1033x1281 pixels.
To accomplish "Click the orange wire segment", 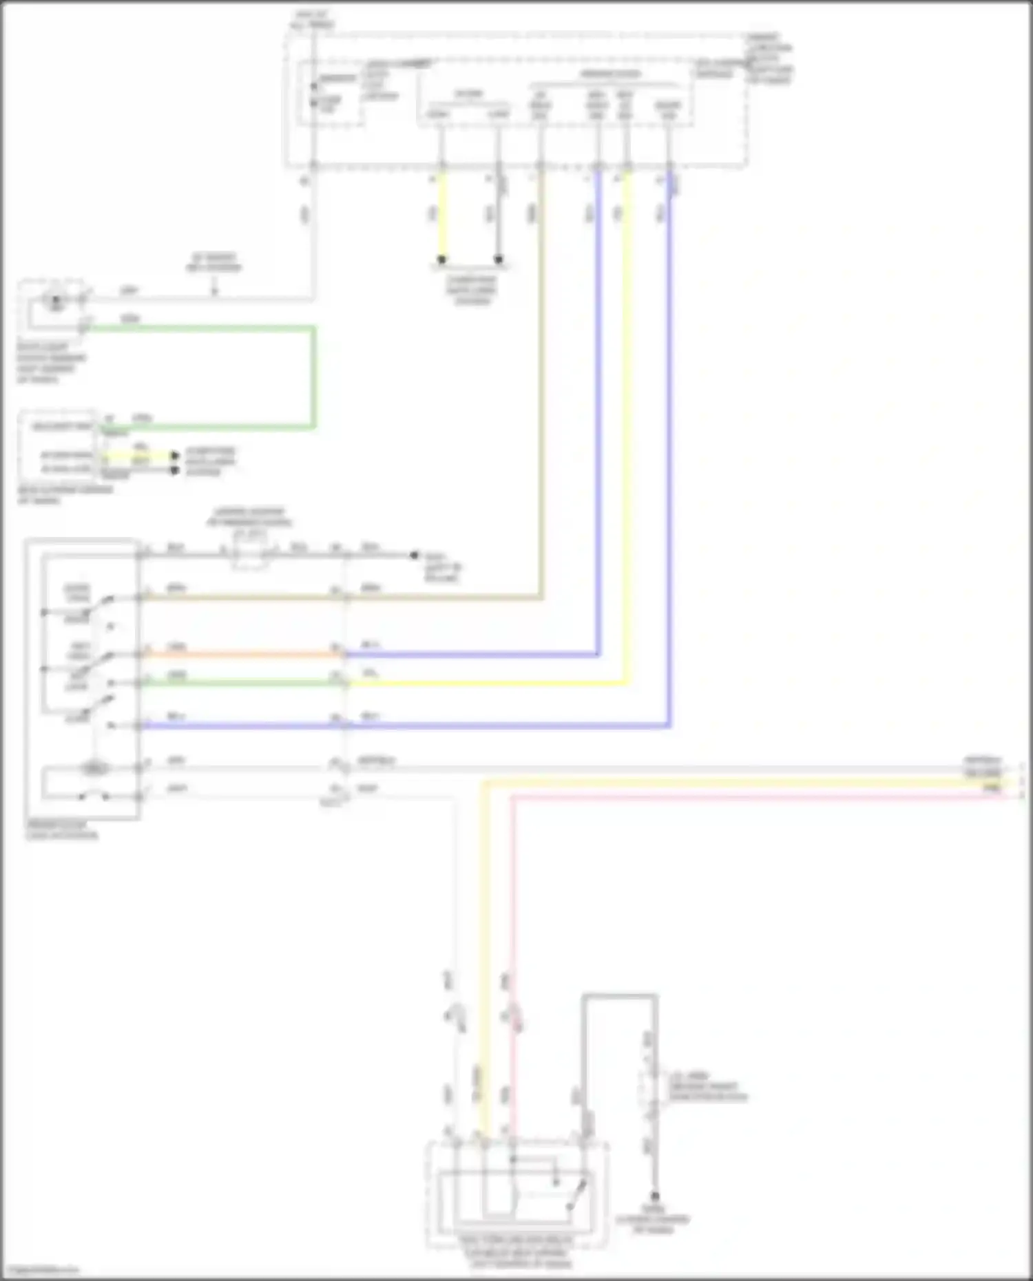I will [x=241, y=654].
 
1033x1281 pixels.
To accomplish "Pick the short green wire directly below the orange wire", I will [x=241, y=682].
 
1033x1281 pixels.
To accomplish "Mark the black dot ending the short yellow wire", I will [x=441, y=260].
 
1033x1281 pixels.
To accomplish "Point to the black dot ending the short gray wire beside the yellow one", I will [x=499, y=260].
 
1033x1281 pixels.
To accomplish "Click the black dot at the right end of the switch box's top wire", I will [x=414, y=554].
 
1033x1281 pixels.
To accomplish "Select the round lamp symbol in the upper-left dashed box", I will [x=54, y=300].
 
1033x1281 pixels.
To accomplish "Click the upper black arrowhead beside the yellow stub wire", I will [x=175, y=455].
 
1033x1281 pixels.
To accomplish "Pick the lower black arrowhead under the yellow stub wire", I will [x=175, y=470].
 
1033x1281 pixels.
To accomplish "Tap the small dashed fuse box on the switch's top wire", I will [x=249, y=555].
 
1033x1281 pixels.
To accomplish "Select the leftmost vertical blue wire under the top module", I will [x=598, y=413].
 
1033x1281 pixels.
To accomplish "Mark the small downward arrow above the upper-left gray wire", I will [x=214, y=290].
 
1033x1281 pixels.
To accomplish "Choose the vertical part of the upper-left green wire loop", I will [x=314, y=377].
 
